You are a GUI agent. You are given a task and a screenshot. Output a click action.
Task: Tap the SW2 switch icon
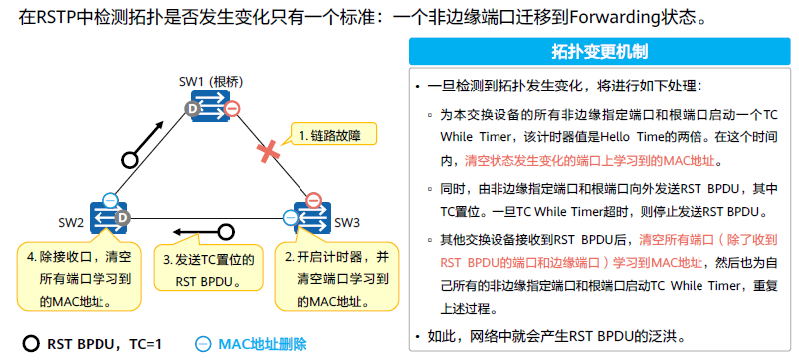pyautogui.click(x=108, y=216)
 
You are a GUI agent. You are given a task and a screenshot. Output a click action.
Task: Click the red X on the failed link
pyautogui.click(x=267, y=152)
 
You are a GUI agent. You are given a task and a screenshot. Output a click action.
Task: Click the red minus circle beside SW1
pyautogui.click(x=231, y=108)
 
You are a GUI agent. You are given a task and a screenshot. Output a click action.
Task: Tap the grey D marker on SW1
pyautogui.click(x=192, y=107)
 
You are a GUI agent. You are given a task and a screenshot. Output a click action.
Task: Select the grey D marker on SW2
pyautogui.click(x=123, y=218)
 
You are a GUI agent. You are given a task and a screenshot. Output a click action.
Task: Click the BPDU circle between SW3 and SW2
pyautogui.click(x=226, y=233)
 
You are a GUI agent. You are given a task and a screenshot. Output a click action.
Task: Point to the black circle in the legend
pyautogui.click(x=30, y=343)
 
